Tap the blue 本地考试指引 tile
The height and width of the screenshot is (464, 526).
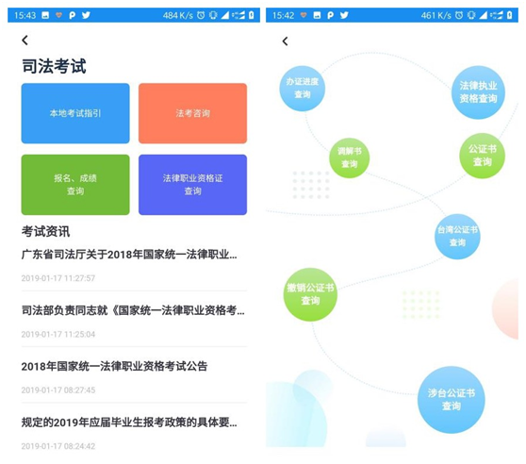pyautogui.click(x=75, y=113)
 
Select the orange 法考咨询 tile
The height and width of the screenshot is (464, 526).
pyautogui.click(x=193, y=113)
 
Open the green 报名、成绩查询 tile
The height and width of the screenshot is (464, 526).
pyautogui.click(x=75, y=185)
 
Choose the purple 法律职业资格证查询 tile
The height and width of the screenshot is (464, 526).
pyautogui.click(x=193, y=185)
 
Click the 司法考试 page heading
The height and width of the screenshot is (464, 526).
pyautogui.click(x=54, y=66)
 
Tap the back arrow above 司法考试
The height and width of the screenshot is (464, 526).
pyautogui.click(x=25, y=41)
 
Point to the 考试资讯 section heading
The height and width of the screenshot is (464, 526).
pyautogui.click(x=45, y=231)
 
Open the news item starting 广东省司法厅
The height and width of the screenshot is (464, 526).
pyautogui.click(x=129, y=255)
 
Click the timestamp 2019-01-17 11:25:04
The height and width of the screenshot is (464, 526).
pyautogui.click(x=58, y=334)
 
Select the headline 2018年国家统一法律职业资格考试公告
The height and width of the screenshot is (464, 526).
pyautogui.click(x=114, y=366)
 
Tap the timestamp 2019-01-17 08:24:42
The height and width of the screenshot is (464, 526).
pyautogui.click(x=58, y=446)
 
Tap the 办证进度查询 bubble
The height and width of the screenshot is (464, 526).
pyautogui.click(x=303, y=89)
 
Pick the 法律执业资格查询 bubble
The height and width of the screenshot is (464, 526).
pyautogui.click(x=478, y=92)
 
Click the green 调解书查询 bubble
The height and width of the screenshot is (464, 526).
pyautogui.click(x=349, y=157)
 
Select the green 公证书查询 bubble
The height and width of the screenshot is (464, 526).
pyautogui.click(x=482, y=156)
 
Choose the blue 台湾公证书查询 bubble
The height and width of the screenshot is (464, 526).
pyautogui.click(x=457, y=236)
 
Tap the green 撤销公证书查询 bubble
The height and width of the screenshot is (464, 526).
pyautogui.click(x=310, y=294)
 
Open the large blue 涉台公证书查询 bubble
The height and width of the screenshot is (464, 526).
pyautogui.click(x=452, y=400)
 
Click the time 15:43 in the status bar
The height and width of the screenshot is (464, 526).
pyautogui.click(x=25, y=15)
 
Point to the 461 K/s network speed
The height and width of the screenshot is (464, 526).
pyautogui.click(x=436, y=15)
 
